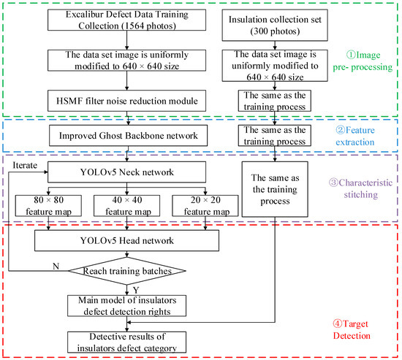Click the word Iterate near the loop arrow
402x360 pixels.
pos(26,166)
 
